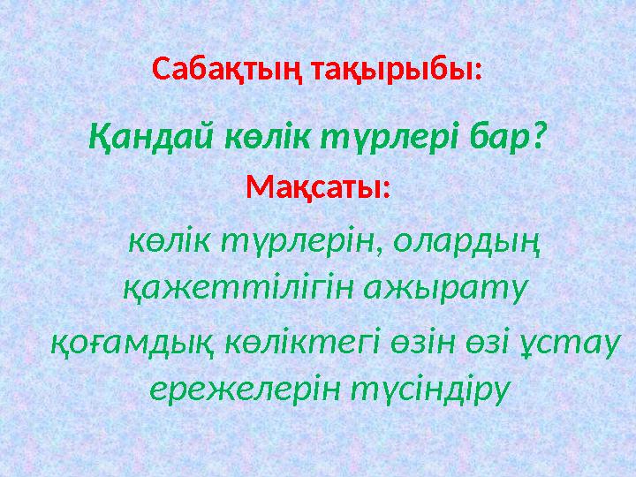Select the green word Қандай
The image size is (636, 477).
(146, 136)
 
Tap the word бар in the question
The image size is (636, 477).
(499, 136)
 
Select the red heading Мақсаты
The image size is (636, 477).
(317, 187)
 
